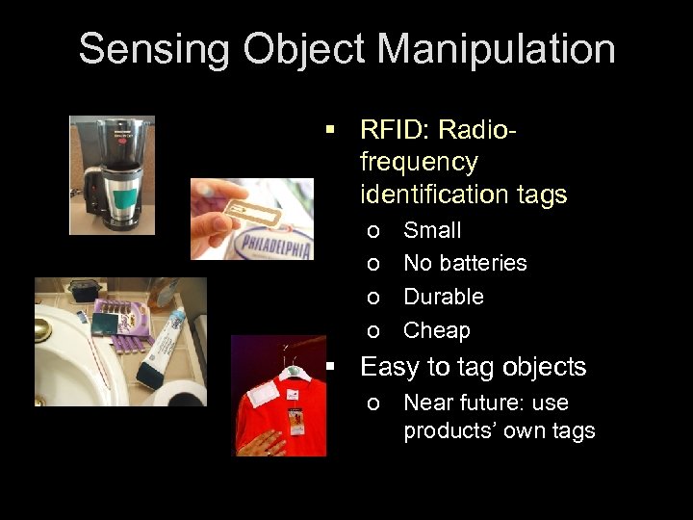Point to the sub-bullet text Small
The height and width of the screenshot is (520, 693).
(432, 230)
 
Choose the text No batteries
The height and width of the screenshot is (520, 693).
(465, 263)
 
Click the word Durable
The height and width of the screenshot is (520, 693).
(443, 297)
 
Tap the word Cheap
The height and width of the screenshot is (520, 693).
(436, 330)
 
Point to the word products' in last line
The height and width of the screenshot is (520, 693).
(448, 430)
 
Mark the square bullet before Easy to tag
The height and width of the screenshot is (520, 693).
(331, 367)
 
